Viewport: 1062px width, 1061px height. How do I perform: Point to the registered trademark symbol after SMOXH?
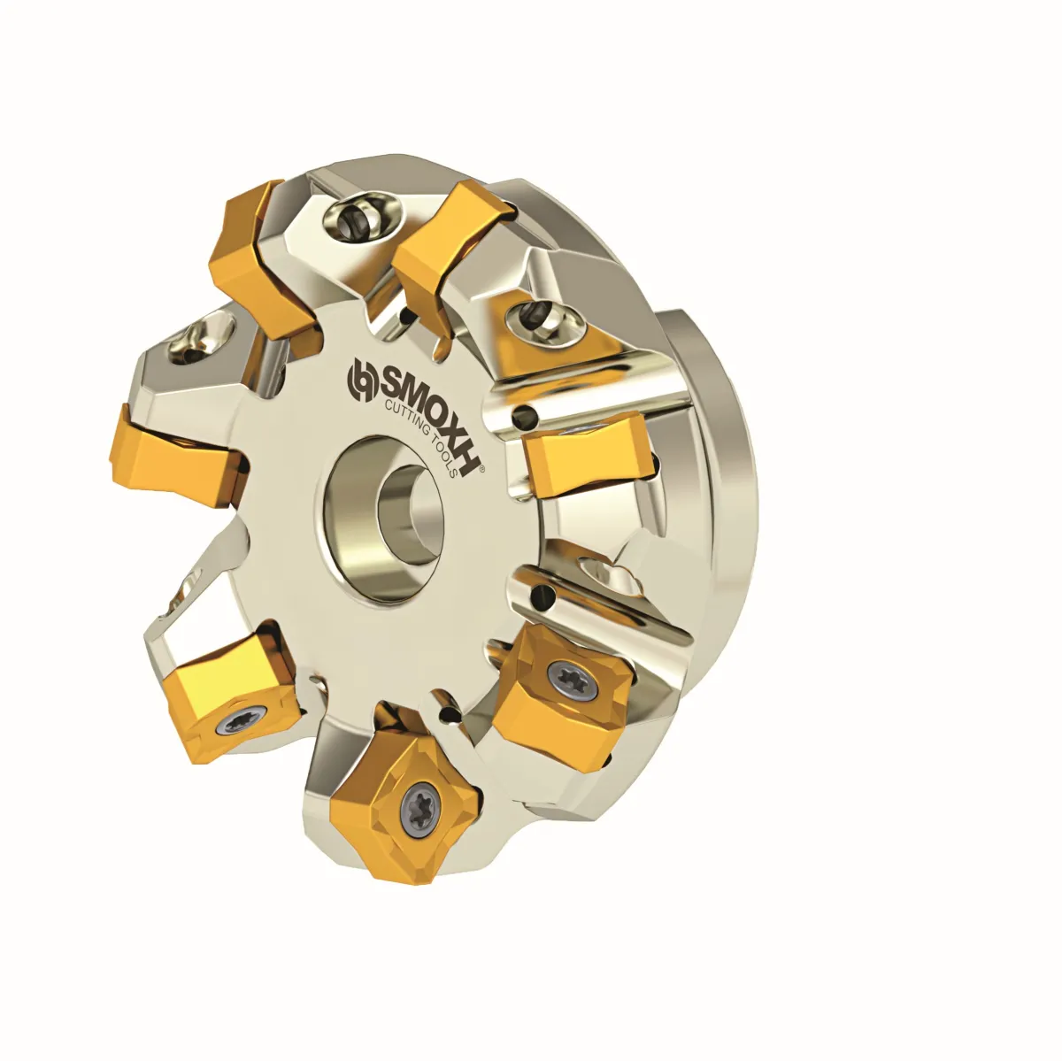[483, 469]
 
